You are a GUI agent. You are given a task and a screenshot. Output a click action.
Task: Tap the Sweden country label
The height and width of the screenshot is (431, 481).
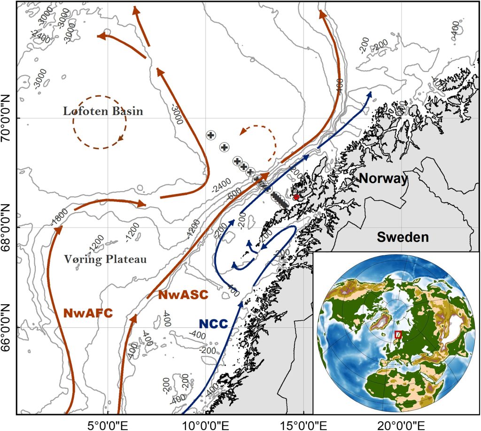pyautogui.click(x=403, y=237)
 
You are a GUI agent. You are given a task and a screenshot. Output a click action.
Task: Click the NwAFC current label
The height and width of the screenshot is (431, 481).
pyautogui.click(x=88, y=313)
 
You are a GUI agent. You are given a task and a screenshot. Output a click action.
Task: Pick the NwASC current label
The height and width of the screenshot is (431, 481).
pyautogui.click(x=183, y=295)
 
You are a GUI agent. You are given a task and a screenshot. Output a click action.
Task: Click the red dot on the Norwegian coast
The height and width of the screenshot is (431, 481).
pyautogui.click(x=296, y=197)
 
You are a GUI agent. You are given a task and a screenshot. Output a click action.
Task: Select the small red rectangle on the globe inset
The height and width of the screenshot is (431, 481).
pyautogui.click(x=398, y=335)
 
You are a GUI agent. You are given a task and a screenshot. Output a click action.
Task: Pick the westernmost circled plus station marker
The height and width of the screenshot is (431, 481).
pyautogui.click(x=211, y=135)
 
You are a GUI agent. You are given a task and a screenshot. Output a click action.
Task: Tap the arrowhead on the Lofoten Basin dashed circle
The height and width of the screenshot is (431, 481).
pyautogui.click(x=121, y=138)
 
